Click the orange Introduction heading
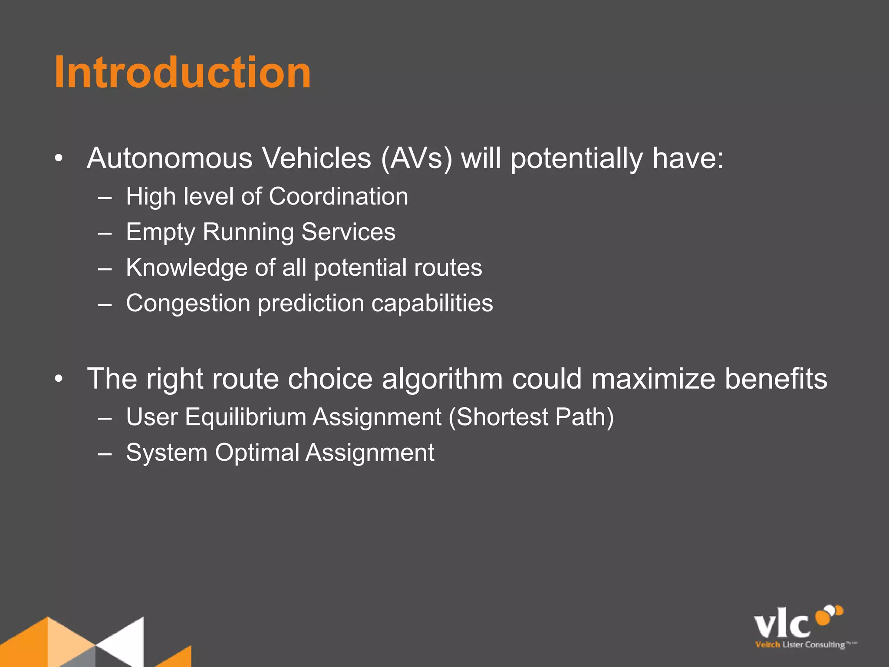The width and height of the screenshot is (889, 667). coord(182,73)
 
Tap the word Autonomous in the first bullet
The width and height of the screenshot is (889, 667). coord(169,158)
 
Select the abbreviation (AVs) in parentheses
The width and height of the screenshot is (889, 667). coord(417,158)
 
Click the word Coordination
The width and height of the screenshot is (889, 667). coord(338,197)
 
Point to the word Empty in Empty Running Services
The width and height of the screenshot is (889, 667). coord(160,232)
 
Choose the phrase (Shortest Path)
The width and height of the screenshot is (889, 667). coord(531,417)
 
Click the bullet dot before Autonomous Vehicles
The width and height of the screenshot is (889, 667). coord(59,159)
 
